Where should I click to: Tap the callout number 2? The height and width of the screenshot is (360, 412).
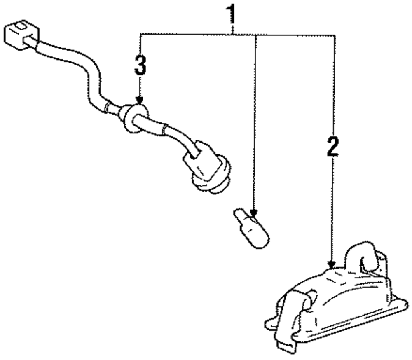click(x=332, y=147)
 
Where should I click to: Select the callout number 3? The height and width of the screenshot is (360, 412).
click(x=140, y=66)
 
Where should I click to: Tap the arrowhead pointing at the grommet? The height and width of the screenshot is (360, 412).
click(x=140, y=101)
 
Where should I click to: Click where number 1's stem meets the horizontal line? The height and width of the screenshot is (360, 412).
click(x=234, y=35)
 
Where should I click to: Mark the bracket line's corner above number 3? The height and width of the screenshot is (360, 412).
click(x=140, y=35)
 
